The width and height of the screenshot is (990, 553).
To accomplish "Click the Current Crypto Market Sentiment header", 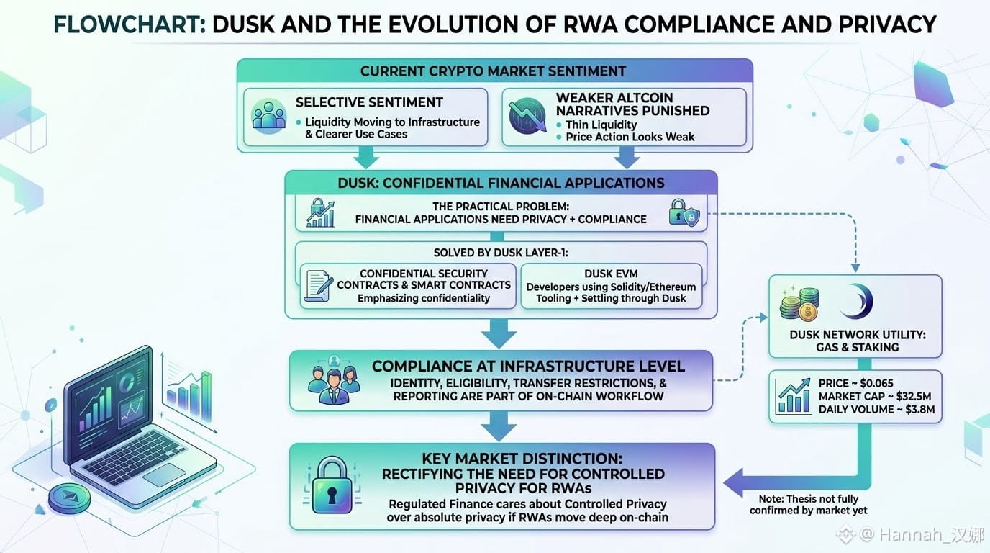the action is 493,71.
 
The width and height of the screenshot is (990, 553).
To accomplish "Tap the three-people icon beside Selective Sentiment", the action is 268,117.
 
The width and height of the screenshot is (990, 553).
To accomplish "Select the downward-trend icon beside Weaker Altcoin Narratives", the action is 527,115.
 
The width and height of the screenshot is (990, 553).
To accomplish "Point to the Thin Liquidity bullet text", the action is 601,125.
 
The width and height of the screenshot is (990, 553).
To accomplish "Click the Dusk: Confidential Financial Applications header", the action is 501,183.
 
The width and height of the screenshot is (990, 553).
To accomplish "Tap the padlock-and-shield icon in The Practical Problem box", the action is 684,213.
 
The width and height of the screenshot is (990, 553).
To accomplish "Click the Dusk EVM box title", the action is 611,274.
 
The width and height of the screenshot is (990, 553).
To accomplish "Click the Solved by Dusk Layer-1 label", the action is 501,253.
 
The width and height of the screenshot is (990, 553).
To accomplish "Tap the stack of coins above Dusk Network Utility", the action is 799,303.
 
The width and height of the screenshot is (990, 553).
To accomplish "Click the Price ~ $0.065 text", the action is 855,383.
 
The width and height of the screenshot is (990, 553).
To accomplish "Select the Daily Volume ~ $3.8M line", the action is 876,409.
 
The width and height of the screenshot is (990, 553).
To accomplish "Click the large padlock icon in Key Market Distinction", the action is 332,486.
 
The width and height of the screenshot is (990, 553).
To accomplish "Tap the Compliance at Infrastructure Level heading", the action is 528,367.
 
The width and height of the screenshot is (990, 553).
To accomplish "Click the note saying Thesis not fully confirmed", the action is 809,505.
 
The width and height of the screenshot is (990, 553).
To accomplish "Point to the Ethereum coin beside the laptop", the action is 69,498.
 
